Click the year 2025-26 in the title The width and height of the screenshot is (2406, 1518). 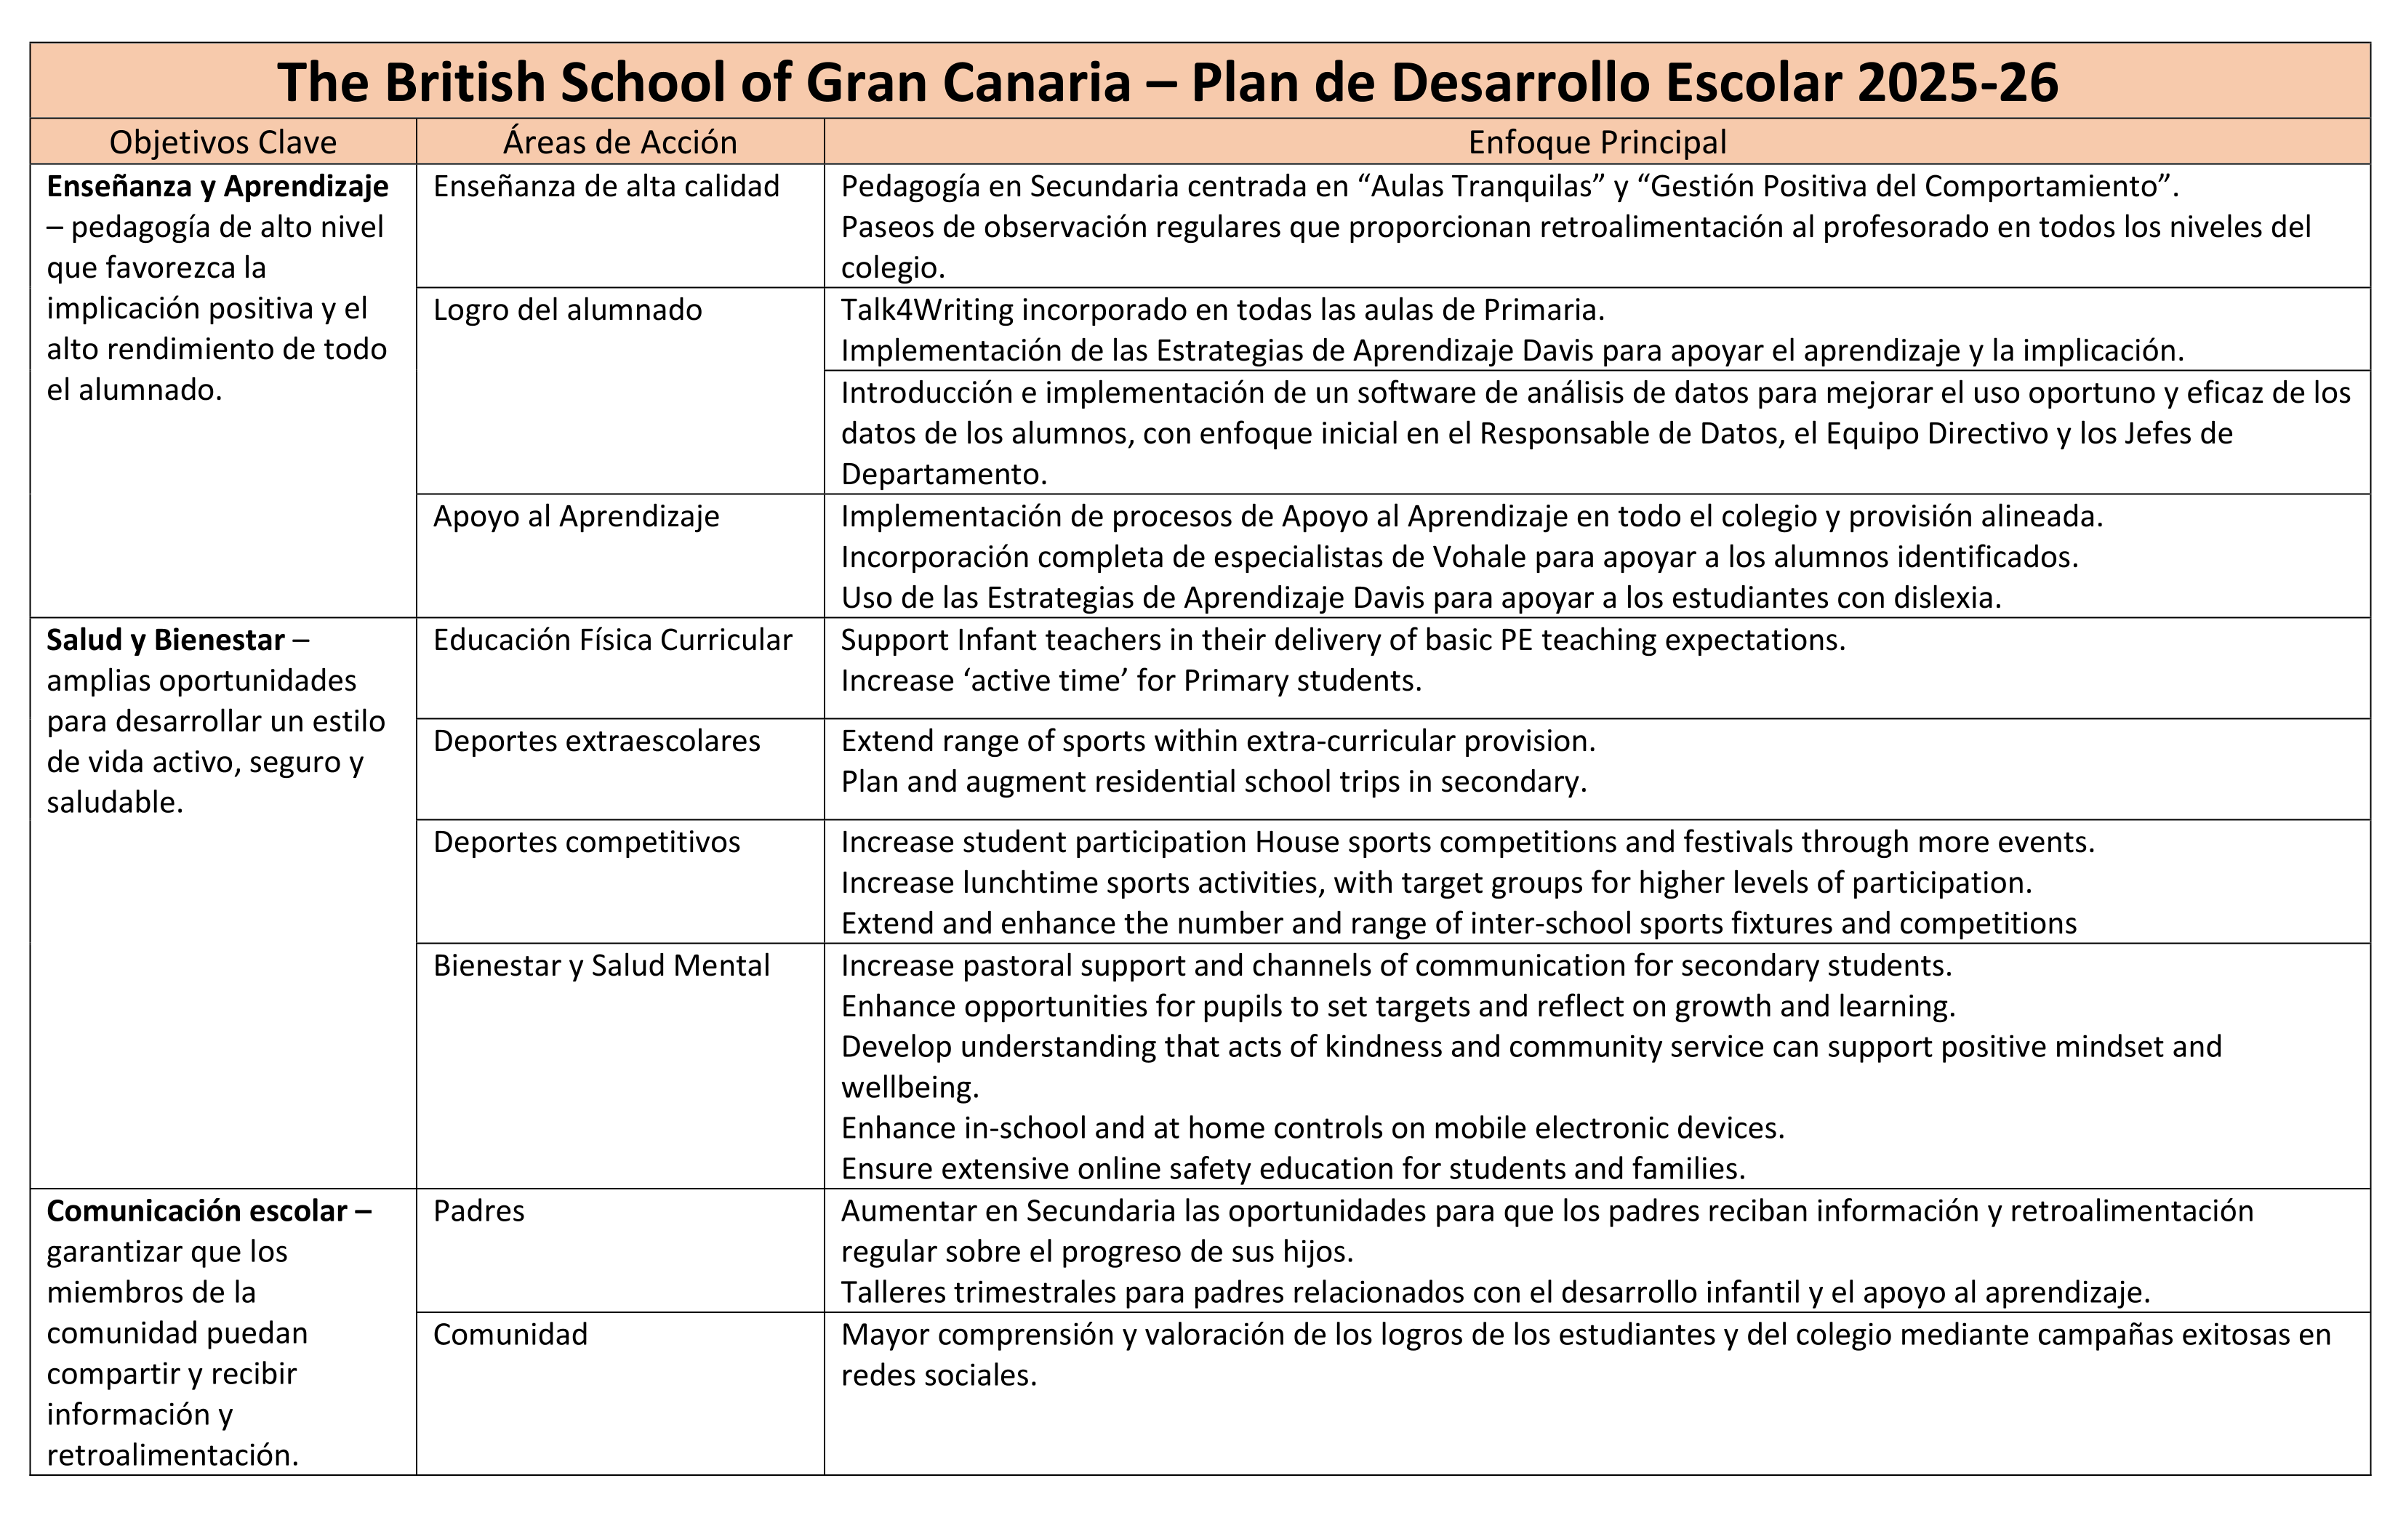pos(1957,82)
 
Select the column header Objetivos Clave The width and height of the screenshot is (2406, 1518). pos(222,142)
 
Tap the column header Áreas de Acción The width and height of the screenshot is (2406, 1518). pos(619,142)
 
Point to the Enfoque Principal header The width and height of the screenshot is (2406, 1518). pos(1597,142)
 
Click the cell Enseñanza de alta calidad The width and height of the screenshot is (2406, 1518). pos(606,187)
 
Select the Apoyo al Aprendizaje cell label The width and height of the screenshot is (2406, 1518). pos(576,517)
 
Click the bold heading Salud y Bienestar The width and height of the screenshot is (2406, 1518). pos(166,640)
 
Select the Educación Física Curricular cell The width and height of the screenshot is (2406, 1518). pos(611,640)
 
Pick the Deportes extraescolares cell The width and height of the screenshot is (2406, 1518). pos(596,741)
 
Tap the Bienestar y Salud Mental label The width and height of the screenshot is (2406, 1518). pos(601,965)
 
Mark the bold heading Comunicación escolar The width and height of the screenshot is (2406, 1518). pos(197,1211)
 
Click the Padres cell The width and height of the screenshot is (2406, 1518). pos(478,1211)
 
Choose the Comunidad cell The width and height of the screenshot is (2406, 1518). pos(510,1334)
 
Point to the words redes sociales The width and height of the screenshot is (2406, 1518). pos(937,1375)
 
